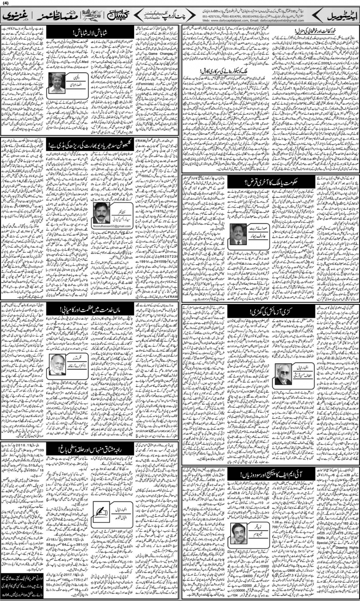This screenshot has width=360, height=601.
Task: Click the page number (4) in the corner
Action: pos(5,4)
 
